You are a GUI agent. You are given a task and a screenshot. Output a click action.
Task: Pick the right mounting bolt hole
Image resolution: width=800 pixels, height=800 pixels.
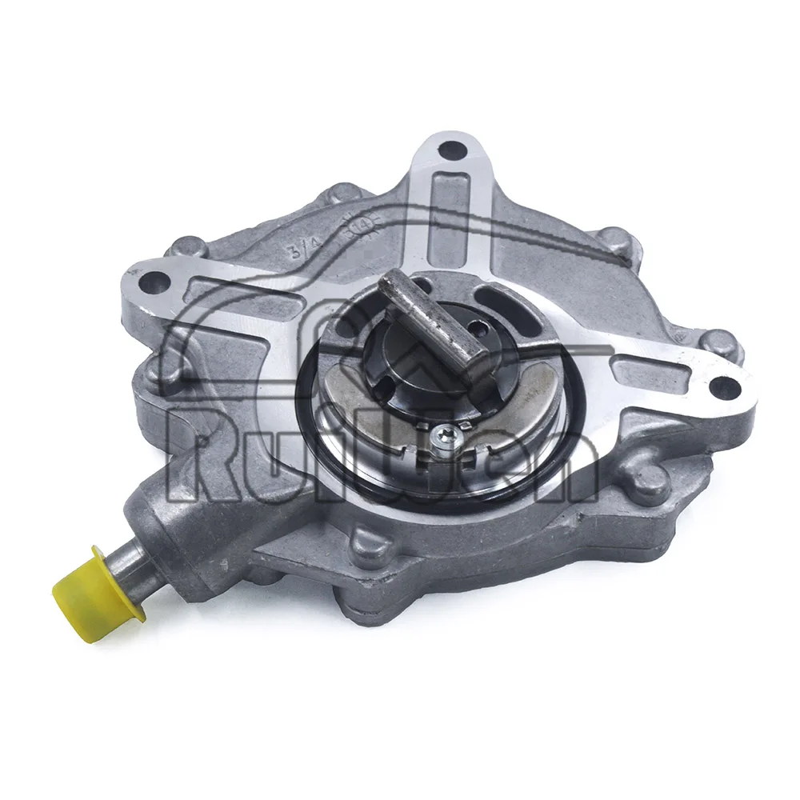(723, 386)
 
